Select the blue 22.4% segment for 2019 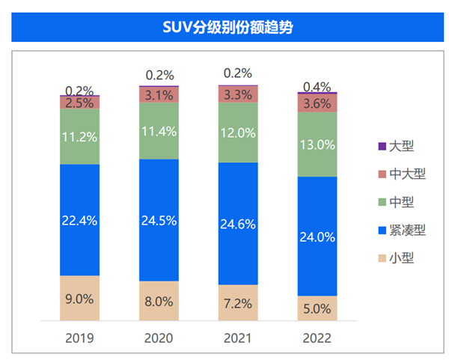[79, 219]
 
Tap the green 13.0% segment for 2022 [317, 144]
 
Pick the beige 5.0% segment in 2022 [317, 308]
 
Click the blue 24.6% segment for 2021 [238, 223]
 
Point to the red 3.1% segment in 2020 [159, 94]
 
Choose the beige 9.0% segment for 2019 [79, 298]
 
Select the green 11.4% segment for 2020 [159, 130]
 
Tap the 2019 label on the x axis [79, 338]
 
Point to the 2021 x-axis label [238, 338]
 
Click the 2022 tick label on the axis [317, 338]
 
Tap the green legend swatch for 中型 [385, 202]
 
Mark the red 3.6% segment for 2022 [317, 103]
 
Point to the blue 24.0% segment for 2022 [317, 236]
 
